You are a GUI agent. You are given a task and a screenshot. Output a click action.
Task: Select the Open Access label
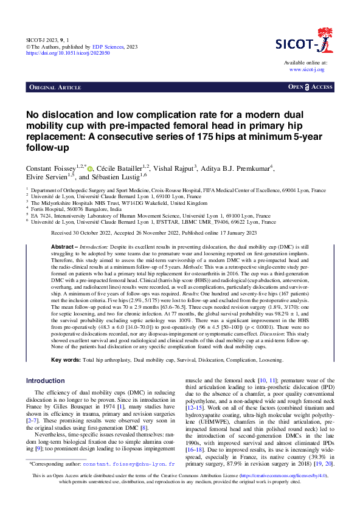[x=310, y=88]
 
